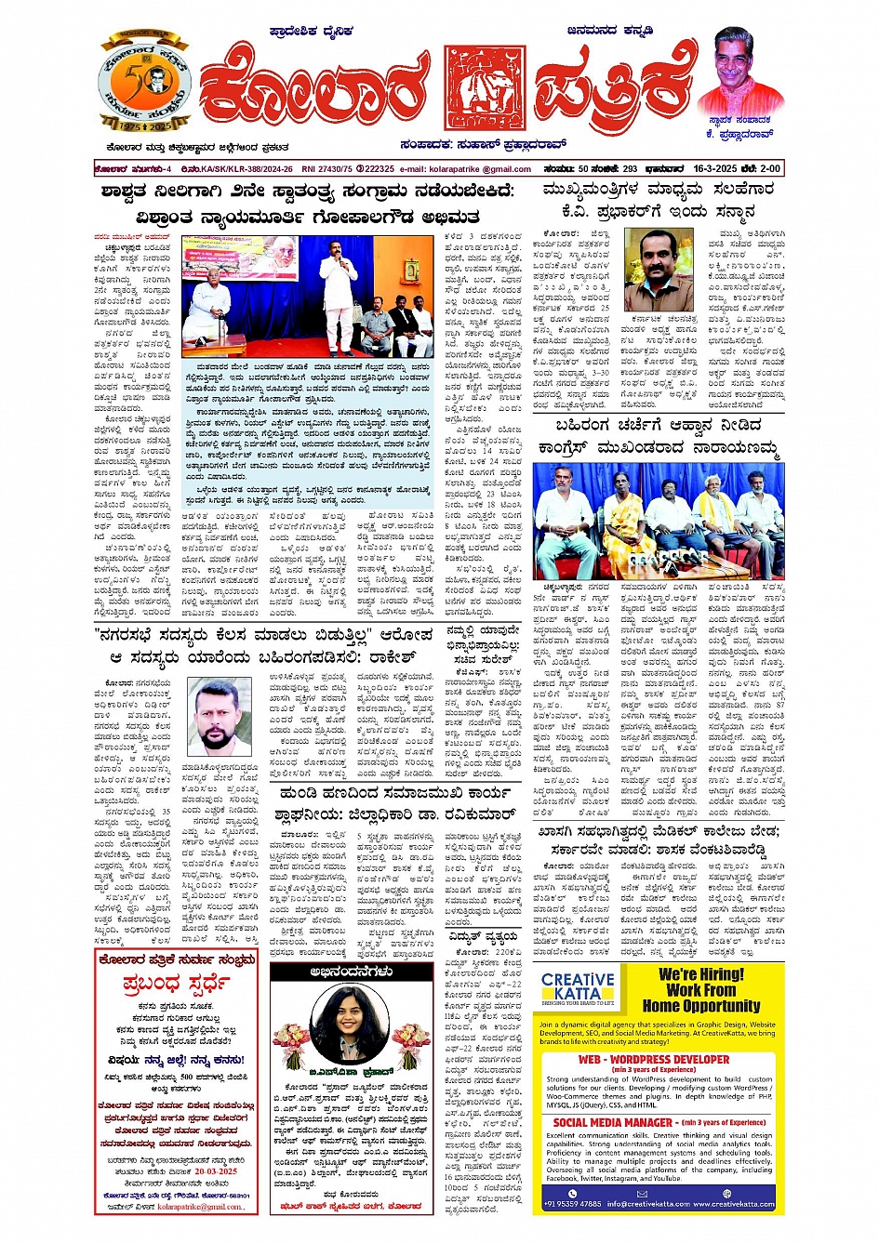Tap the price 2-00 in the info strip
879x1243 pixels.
pyautogui.click(x=769, y=169)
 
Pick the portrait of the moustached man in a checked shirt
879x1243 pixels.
pyautogui.click(x=658, y=271)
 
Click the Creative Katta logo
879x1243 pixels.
pyautogui.click(x=578, y=990)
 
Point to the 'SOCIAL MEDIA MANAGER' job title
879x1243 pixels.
pyautogui.click(x=614, y=1122)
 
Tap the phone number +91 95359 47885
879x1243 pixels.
pyautogui.click(x=574, y=1204)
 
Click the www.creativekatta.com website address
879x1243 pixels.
pyautogui.click(x=734, y=1204)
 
